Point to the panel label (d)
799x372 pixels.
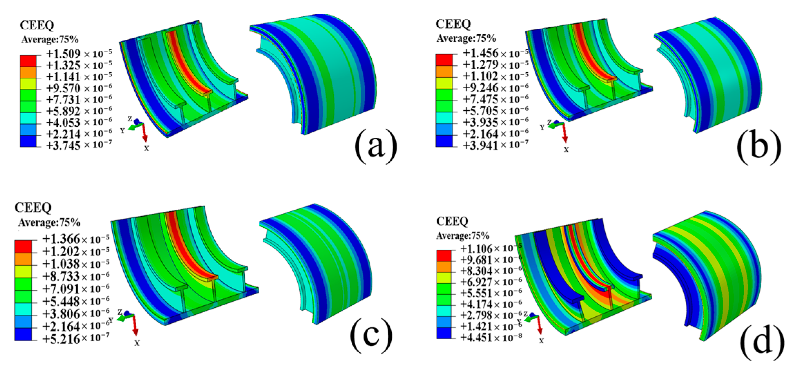coord(762,342)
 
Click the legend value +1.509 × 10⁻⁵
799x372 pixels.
coord(79,54)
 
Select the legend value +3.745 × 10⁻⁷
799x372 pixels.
coord(79,145)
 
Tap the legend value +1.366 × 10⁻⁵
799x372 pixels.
coord(76,239)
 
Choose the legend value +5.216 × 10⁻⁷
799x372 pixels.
coord(76,339)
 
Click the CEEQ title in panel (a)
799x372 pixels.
coord(37,25)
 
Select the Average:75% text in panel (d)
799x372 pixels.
coord(462,236)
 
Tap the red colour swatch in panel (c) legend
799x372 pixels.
coord(23,247)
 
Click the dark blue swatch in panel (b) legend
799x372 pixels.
coord(444,141)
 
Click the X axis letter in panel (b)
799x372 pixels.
coord(566,150)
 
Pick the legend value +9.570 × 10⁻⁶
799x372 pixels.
coord(79,88)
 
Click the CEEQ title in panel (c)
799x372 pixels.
coord(33,208)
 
